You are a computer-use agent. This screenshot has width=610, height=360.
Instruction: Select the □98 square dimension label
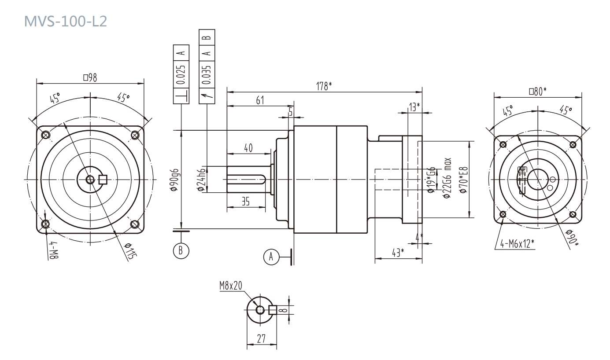[90, 77]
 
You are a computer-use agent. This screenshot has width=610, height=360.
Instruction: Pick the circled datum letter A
[271, 256]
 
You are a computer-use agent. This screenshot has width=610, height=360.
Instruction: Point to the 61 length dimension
[260, 100]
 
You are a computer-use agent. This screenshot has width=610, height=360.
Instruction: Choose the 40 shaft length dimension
[248, 148]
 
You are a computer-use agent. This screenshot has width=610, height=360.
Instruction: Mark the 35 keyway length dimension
[246, 202]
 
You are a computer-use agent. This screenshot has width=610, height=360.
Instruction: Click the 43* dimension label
[397, 252]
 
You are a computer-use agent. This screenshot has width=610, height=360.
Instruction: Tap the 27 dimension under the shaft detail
[261, 338]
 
